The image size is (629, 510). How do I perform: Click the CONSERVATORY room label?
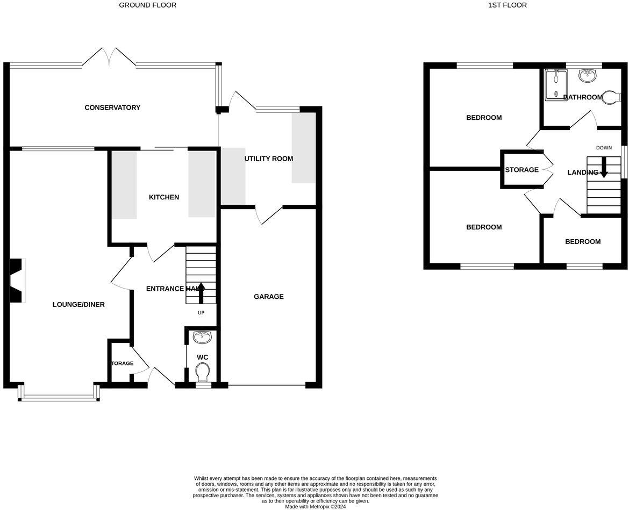(x=112, y=107)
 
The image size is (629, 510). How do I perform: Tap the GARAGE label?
(x=268, y=297)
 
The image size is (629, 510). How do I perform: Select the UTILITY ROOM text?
(x=269, y=159)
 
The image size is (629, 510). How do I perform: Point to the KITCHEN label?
(x=164, y=197)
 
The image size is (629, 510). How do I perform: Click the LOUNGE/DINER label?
(x=78, y=305)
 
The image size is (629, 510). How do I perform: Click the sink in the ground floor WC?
(x=203, y=337)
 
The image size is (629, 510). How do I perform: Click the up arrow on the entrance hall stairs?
(x=202, y=292)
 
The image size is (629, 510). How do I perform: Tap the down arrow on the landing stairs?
(x=603, y=167)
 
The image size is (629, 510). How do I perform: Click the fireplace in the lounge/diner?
(x=17, y=280)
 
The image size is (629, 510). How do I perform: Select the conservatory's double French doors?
(x=109, y=56)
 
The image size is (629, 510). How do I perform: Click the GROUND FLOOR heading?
(x=147, y=5)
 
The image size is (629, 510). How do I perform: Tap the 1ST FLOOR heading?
(x=507, y=5)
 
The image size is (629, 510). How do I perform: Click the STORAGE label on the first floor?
(x=521, y=170)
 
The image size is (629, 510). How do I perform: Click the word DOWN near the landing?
(x=604, y=148)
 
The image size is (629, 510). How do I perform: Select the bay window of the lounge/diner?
(x=59, y=397)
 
